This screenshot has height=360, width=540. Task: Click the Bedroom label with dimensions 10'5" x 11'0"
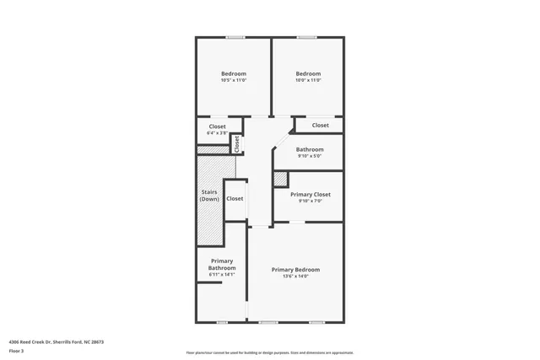(x=234, y=74)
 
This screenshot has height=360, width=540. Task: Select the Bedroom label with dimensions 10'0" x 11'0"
(x=308, y=74)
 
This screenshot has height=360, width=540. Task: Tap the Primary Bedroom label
(x=295, y=270)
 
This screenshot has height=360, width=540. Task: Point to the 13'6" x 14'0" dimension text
(x=295, y=277)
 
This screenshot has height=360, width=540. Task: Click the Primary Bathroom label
(x=222, y=265)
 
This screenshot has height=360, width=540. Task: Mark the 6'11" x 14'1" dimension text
(x=222, y=275)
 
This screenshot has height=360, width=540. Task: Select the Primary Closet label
(x=310, y=195)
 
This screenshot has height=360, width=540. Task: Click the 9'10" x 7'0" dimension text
(x=310, y=201)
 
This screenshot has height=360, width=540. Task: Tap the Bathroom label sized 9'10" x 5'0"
(x=310, y=149)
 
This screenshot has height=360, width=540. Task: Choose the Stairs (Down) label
(x=209, y=196)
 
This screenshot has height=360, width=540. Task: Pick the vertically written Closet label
(x=237, y=143)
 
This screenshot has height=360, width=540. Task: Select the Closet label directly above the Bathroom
(x=321, y=126)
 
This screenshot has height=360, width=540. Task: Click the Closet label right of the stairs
(x=235, y=199)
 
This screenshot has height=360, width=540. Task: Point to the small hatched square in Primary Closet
(x=280, y=179)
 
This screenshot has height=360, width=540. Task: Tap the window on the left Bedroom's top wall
(x=235, y=37)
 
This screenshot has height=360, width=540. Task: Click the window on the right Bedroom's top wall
(x=306, y=37)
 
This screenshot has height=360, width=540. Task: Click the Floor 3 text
(x=16, y=351)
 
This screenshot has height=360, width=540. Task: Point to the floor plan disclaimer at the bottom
(x=269, y=352)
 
